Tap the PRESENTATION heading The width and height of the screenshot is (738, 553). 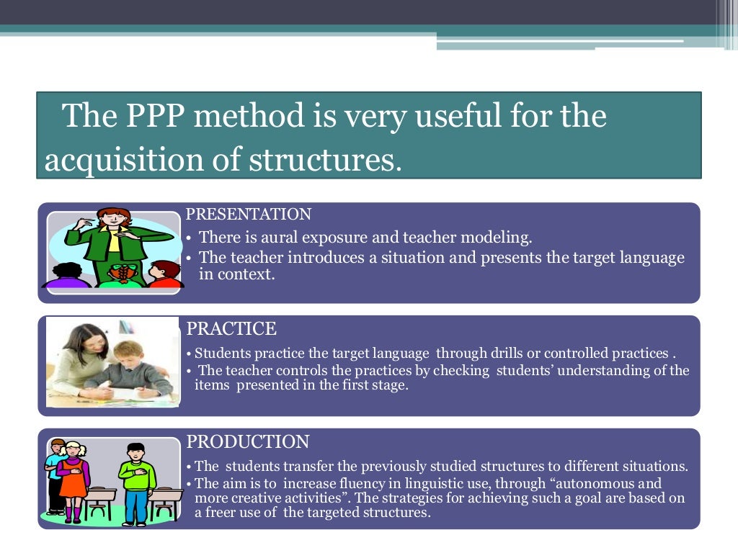point(249,215)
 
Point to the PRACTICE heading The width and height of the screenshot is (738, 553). point(231,329)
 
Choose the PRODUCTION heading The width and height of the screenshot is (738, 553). point(248,442)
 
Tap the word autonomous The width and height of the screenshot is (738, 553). point(589,484)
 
